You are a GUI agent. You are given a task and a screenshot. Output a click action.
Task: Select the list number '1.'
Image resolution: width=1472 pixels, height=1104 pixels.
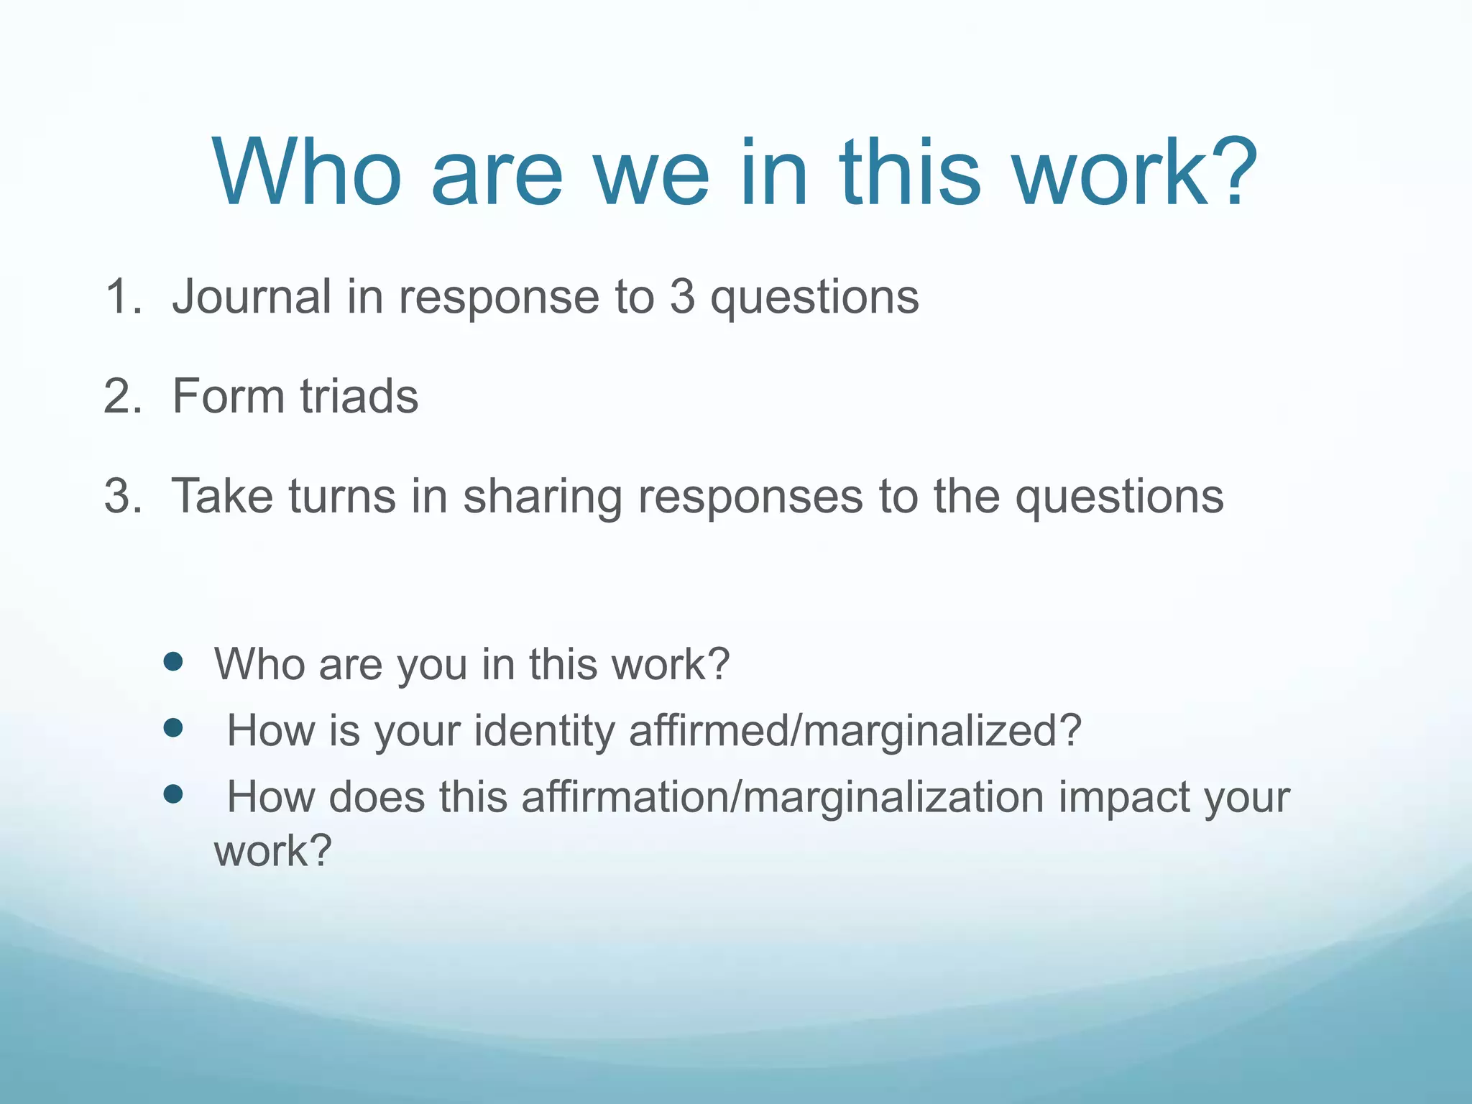point(123,297)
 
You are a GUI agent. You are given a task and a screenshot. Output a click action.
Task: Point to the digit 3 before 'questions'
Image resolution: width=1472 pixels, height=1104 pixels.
point(682,297)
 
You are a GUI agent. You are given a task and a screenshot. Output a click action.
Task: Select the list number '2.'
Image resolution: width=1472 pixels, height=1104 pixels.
point(123,396)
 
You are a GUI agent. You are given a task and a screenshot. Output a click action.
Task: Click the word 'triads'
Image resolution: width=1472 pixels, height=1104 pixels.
point(359,396)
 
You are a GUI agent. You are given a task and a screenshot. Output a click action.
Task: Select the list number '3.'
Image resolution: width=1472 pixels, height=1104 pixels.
point(123,496)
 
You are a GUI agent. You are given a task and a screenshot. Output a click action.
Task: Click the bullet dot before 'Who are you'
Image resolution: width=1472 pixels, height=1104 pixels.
point(173,662)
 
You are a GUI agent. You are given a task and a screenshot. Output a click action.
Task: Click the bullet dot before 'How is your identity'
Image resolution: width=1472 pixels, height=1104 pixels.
point(173,729)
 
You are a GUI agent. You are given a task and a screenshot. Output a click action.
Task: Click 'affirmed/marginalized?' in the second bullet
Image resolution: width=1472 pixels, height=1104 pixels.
point(855,732)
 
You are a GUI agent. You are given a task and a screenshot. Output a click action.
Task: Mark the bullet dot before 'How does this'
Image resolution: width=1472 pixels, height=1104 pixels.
point(173,794)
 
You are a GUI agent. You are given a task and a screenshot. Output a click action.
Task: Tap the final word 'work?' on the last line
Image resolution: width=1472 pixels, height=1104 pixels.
point(273,851)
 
